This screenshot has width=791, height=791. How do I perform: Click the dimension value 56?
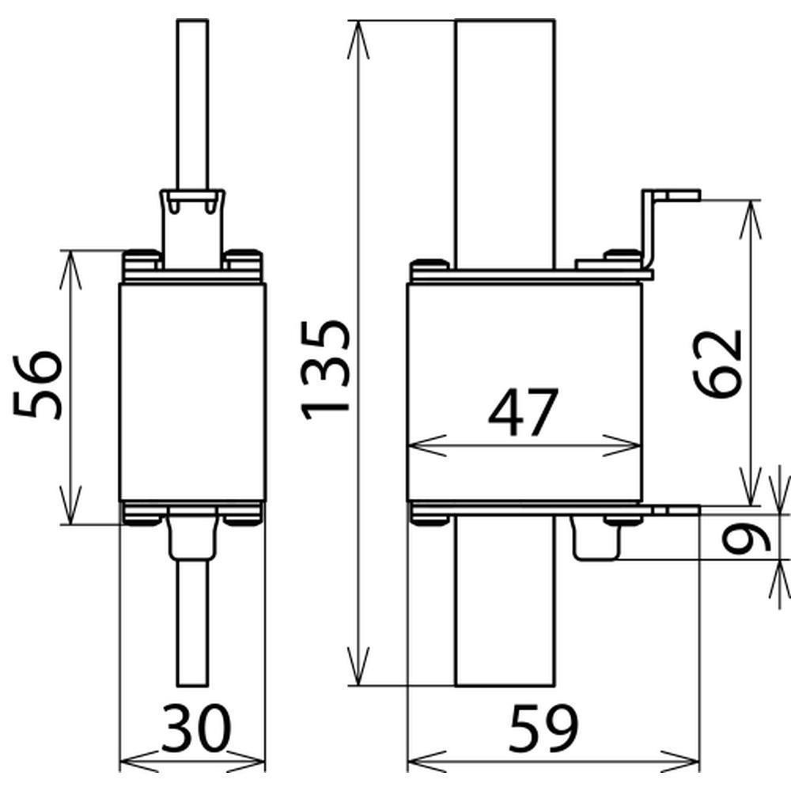click(38, 386)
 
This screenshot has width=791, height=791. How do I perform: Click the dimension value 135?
click(325, 370)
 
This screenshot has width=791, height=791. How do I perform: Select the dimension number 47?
click(524, 412)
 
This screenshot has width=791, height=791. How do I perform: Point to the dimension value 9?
click(747, 537)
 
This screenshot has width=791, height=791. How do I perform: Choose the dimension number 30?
click(195, 729)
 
